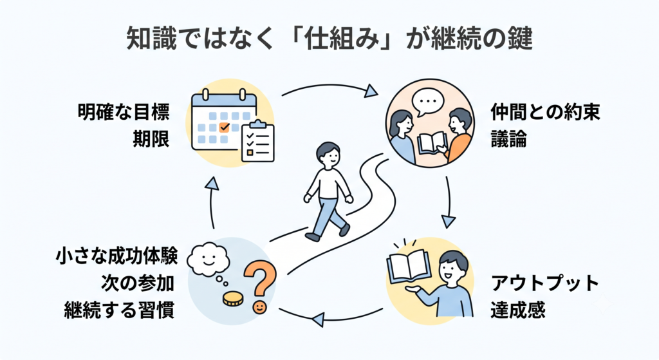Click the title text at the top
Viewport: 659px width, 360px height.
[329, 39]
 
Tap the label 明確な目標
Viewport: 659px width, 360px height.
[124, 112]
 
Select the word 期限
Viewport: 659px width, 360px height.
[151, 138]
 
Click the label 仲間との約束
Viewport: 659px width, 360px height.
[545, 112]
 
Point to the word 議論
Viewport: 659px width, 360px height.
[508, 138]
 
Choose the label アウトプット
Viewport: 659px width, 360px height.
[544, 283]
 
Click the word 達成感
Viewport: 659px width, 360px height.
[518, 310]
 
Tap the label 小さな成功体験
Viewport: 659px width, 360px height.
[116, 256]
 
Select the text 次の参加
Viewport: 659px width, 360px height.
[138, 283]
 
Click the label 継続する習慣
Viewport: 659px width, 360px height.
[119, 310]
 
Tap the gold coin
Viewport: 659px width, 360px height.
[233, 299]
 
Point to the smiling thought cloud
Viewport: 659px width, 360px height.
[208, 258]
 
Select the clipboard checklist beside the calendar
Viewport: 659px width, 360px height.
[257, 141]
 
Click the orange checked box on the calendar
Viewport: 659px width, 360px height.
[225, 127]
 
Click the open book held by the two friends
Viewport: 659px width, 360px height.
[432, 142]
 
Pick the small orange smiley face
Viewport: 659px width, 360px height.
[260, 307]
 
